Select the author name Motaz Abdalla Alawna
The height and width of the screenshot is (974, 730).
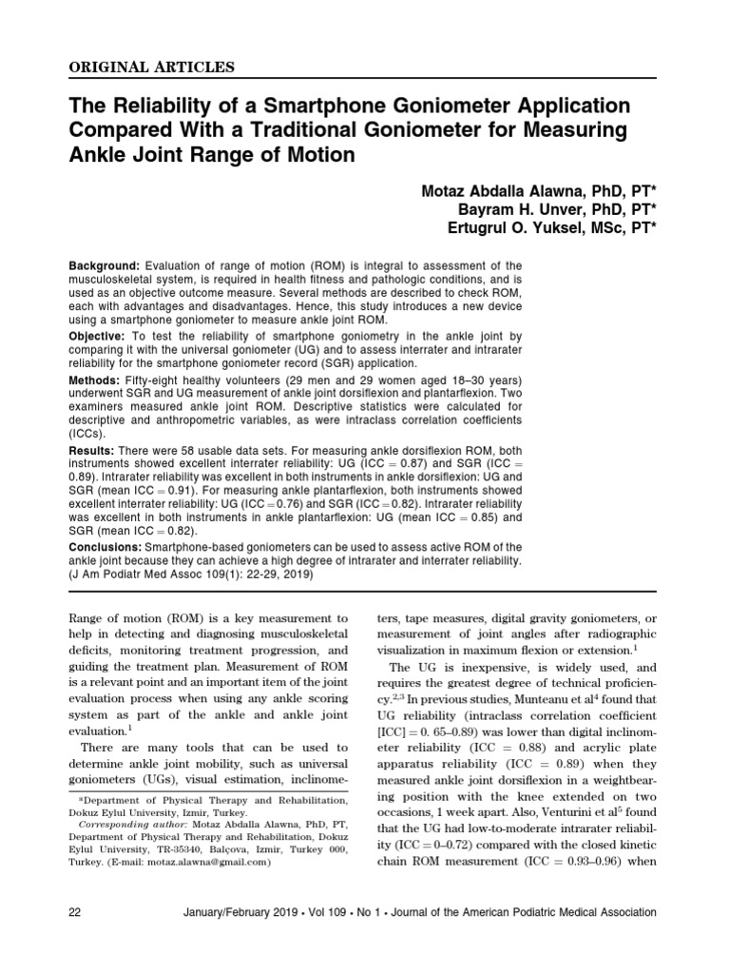(492, 191)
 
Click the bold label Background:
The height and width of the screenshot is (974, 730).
(105, 264)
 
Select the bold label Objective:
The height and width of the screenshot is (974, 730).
(99, 338)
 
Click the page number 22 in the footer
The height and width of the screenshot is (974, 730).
(76, 912)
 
